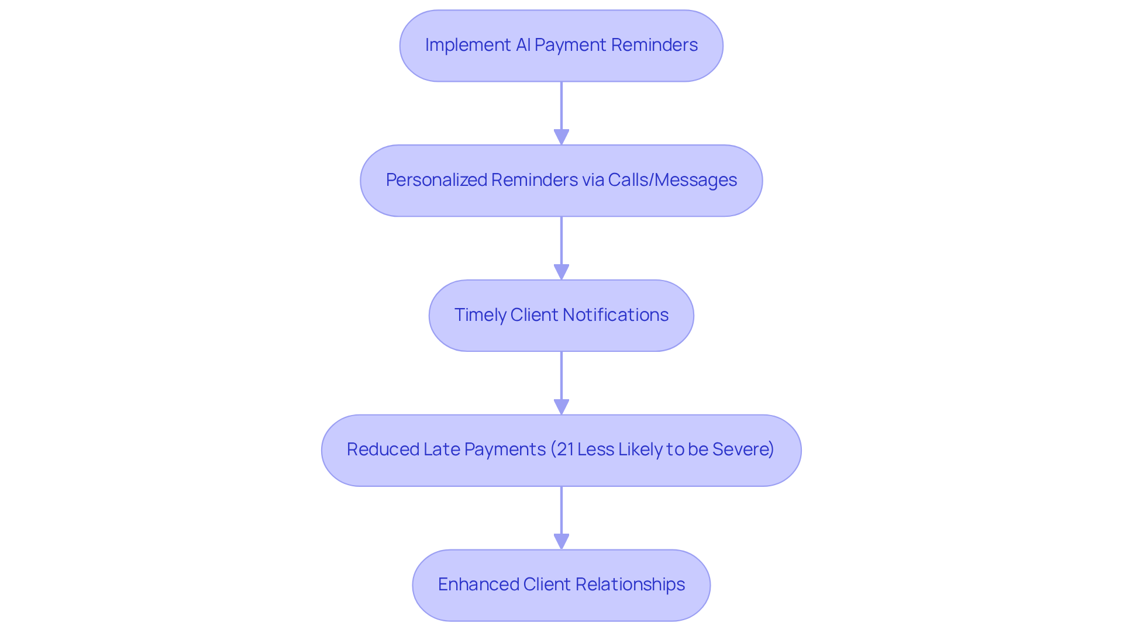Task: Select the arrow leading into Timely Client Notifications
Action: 561,248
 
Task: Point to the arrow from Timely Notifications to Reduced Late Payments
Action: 561,383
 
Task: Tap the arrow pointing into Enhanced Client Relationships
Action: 561,518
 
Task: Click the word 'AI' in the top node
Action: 523,45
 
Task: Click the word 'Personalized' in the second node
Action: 435,180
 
